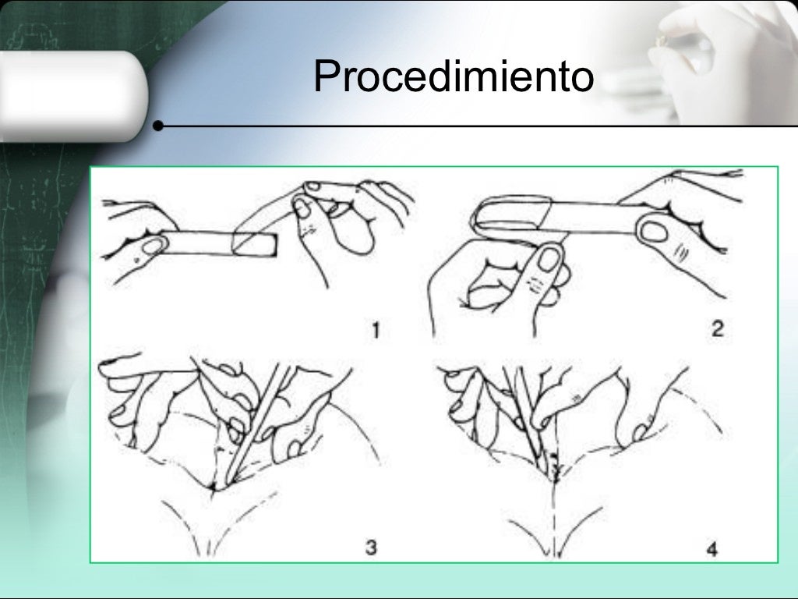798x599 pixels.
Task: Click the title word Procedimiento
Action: tap(454, 76)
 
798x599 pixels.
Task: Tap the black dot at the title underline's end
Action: tap(158, 126)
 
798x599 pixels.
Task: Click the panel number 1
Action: tap(376, 331)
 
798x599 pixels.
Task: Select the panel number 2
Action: tap(717, 328)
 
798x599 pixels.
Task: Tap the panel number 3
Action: tap(371, 548)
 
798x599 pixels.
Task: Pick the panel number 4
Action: tap(712, 550)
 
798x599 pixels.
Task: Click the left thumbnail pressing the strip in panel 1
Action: tap(153, 246)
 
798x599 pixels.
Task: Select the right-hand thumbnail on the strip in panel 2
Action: tap(655, 232)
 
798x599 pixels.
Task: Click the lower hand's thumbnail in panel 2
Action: tap(549, 259)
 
